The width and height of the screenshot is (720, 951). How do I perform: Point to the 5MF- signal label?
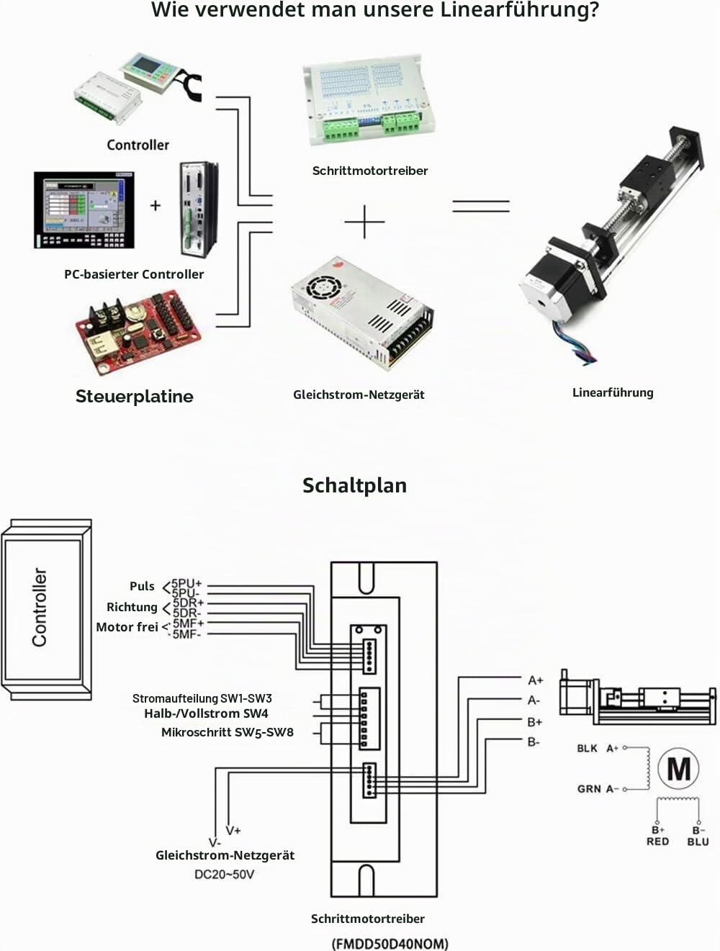[x=186, y=634]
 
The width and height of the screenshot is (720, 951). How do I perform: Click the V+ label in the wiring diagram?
[x=233, y=831]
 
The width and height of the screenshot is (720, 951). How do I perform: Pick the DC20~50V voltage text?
[x=225, y=874]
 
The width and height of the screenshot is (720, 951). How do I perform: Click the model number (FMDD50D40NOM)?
[x=390, y=944]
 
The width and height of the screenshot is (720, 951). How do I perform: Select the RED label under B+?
[x=657, y=842]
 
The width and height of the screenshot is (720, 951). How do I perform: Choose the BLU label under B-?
[x=698, y=842]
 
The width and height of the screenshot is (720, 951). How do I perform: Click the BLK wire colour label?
[x=587, y=748]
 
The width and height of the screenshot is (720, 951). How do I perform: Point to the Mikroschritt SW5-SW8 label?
[x=228, y=732]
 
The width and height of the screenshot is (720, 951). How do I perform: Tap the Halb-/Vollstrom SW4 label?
[x=206, y=713]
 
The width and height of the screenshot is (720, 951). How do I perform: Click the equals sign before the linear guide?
[x=481, y=206]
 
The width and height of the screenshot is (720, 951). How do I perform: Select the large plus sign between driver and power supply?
[x=365, y=222]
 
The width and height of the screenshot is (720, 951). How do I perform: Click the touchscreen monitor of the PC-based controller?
[x=84, y=210]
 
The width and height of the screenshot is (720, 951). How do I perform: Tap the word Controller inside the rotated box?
[x=40, y=608]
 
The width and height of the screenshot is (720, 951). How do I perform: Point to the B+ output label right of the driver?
[x=534, y=722]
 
